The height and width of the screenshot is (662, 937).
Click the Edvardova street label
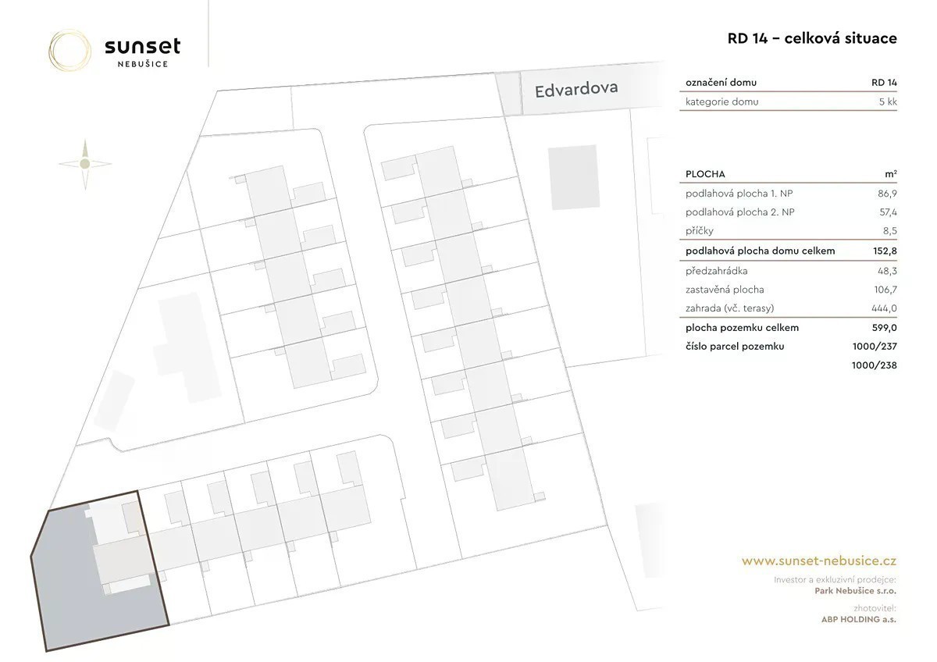tap(576, 89)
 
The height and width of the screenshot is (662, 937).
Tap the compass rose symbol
tap(85, 164)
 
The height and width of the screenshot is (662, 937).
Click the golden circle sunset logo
tap(69, 50)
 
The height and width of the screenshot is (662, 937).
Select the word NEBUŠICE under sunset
tap(143, 64)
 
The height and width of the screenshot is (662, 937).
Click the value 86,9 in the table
tap(887, 194)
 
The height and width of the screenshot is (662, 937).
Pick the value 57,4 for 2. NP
tap(888, 212)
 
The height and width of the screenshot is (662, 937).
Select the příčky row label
tap(700, 231)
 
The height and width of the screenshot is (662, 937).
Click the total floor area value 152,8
tap(885, 251)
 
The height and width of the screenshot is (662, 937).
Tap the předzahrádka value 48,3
tap(887, 271)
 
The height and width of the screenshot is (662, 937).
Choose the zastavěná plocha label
tap(725, 290)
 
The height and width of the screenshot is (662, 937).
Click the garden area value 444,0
tap(884, 308)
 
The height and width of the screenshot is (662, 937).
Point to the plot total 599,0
tap(884, 328)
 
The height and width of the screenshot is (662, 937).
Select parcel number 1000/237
tap(875, 347)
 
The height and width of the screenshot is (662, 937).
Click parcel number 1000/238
tap(875, 365)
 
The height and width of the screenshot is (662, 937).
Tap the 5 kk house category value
tap(888, 101)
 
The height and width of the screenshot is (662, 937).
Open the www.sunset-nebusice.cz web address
tap(819, 561)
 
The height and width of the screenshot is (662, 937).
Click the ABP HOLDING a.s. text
tap(859, 619)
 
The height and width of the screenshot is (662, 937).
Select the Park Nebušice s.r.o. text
tap(856, 591)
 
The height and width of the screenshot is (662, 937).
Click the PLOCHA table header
tap(705, 174)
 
